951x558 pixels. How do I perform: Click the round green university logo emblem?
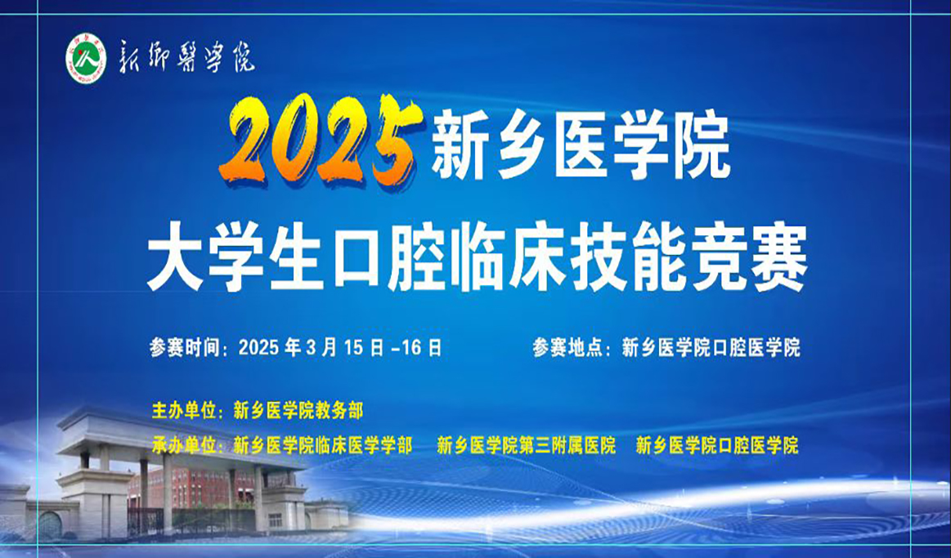point(86,60)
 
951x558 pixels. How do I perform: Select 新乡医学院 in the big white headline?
point(581,148)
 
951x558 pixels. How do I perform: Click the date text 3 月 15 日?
point(347,348)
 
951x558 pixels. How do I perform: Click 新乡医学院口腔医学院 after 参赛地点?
point(711,348)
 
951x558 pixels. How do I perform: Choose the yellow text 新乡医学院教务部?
point(298,410)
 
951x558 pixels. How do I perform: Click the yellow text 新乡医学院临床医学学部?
point(322,446)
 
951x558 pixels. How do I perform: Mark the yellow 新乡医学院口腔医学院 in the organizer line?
point(716,446)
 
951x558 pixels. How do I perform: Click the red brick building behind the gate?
point(196,490)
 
